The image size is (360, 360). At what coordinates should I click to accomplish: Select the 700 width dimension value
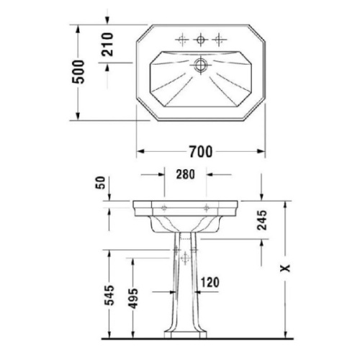pos(201,152)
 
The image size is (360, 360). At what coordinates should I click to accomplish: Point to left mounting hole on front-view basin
pos(164,208)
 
